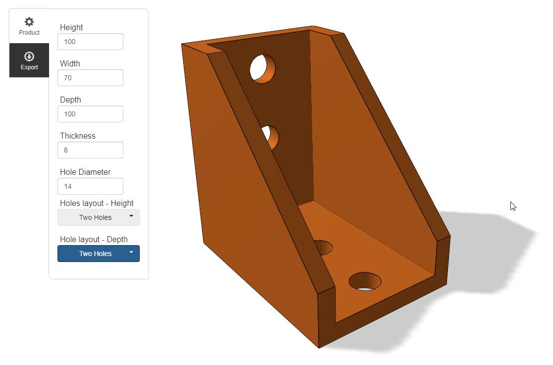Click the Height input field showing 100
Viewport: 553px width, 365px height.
point(90,42)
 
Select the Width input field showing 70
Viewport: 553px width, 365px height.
point(90,78)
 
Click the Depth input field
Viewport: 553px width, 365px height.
point(90,114)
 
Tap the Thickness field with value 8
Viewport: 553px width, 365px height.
point(90,150)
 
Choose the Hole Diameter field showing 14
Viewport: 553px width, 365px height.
point(90,186)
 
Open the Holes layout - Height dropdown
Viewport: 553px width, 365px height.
point(99,217)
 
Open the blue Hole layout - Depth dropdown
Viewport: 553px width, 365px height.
point(99,254)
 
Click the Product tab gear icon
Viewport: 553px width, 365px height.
point(29,22)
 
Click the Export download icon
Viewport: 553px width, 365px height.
point(29,56)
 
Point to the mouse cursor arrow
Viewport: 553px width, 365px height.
point(513,206)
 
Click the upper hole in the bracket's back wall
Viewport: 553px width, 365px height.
point(262,69)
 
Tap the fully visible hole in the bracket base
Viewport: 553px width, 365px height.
point(365,281)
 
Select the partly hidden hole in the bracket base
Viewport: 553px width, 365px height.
point(324,247)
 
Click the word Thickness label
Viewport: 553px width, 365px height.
point(78,136)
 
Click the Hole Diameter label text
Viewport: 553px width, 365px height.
point(85,172)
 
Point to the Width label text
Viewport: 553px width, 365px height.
point(70,63)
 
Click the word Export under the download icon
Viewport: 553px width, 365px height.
point(29,67)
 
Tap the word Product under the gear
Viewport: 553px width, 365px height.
point(29,33)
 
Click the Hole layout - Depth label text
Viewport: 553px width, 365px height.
point(94,239)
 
